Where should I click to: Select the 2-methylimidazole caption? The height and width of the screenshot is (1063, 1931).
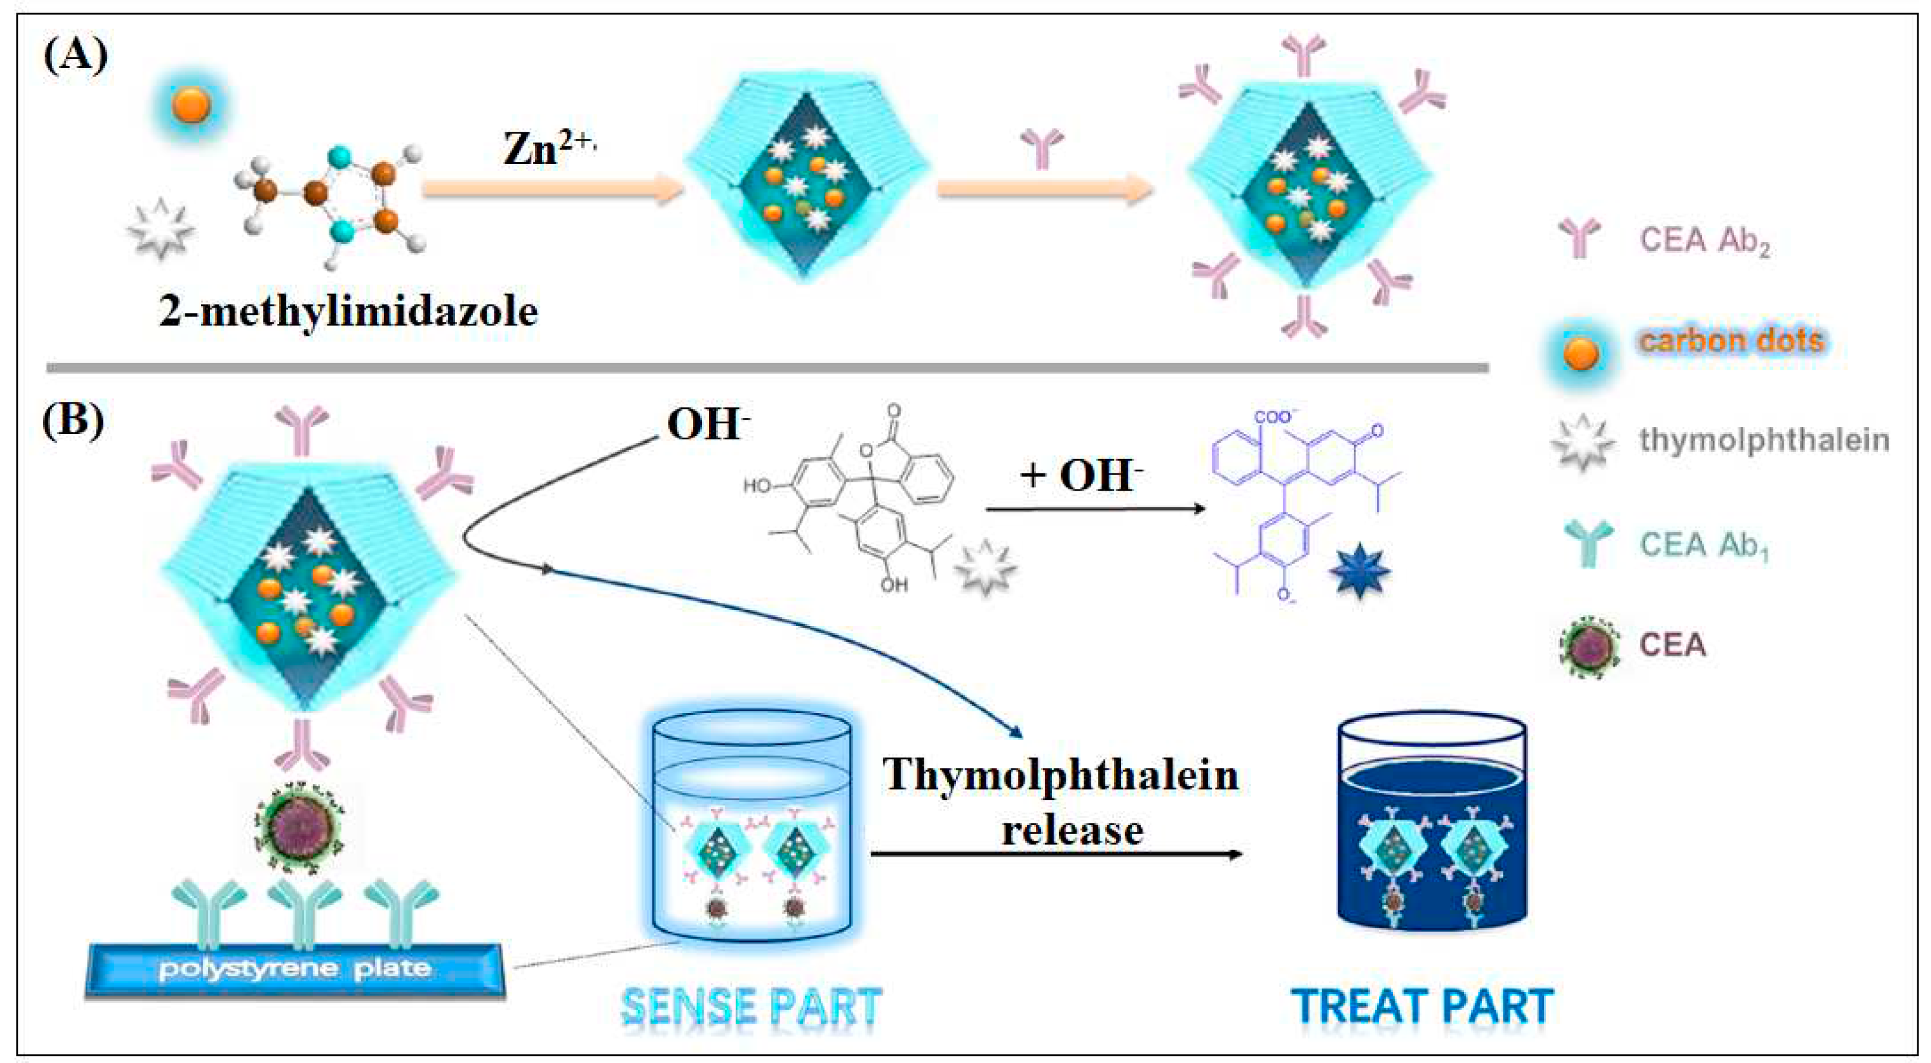click(348, 311)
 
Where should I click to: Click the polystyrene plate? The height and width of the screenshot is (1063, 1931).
click(295, 969)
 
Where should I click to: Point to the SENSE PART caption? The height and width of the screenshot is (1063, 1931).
click(751, 1006)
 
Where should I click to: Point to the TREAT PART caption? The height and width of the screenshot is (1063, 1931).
click(1422, 1006)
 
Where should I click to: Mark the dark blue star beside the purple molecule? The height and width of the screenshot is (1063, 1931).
click(1359, 571)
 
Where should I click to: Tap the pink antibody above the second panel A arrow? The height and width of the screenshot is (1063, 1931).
click(1042, 146)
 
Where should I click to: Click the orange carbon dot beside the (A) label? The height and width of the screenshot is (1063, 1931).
click(191, 105)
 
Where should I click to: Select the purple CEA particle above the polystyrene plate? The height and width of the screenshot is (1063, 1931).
click(298, 829)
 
